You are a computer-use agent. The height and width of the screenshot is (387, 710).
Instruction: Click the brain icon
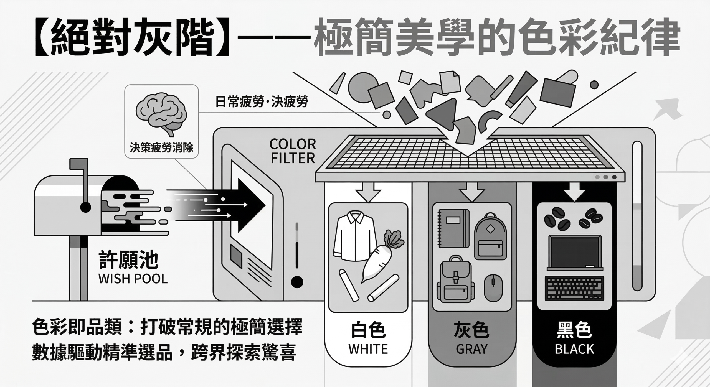tap(161, 114)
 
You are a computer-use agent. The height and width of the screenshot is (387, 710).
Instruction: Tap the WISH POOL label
tap(133, 279)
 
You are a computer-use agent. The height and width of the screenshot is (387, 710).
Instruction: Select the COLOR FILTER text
tap(293, 151)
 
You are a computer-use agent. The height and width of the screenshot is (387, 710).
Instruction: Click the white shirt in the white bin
tap(354, 236)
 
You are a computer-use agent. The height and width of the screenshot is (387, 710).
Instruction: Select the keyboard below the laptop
tap(574, 288)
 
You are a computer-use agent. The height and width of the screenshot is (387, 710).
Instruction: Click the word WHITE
tap(368, 349)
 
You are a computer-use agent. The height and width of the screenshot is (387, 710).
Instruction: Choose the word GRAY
tap(471, 349)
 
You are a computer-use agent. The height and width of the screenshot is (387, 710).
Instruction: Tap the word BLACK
tap(574, 349)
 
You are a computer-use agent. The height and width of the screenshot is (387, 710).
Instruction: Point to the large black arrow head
tap(251, 205)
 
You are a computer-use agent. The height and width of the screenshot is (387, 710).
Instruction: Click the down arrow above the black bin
tap(574, 191)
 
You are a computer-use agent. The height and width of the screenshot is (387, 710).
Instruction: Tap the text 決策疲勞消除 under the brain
tap(161, 147)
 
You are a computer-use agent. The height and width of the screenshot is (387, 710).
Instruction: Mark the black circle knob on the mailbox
tap(85, 207)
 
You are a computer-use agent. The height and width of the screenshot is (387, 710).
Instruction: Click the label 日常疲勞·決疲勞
tap(262, 102)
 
